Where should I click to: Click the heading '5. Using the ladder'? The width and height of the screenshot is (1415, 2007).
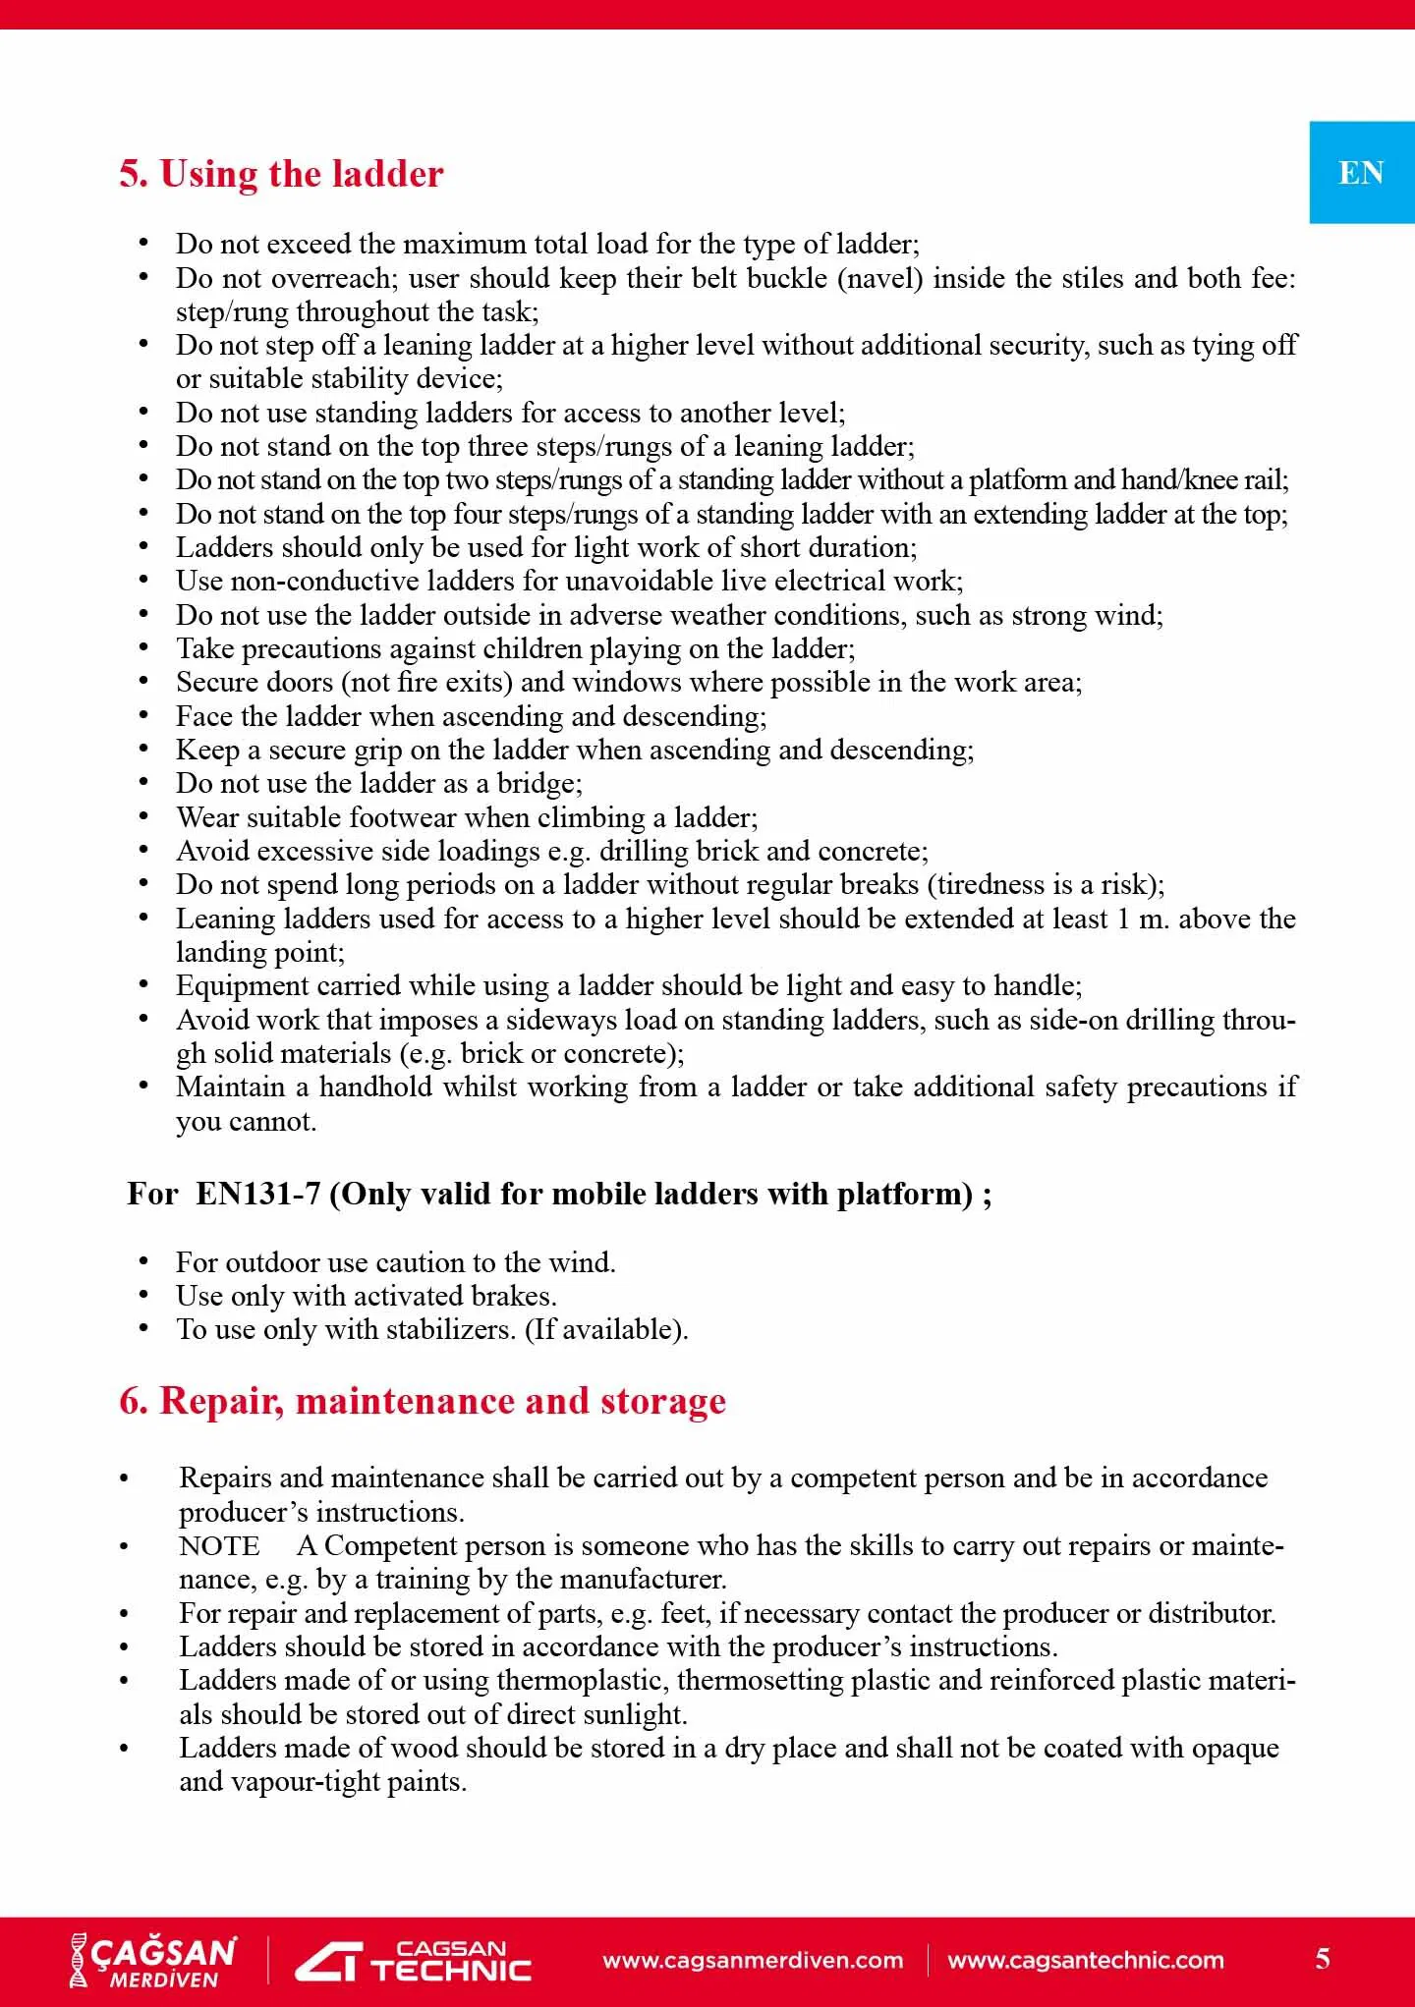pos(281,174)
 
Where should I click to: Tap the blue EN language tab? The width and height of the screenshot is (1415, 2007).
pos(1361,173)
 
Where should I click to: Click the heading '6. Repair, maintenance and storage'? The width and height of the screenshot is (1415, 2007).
pos(423,1401)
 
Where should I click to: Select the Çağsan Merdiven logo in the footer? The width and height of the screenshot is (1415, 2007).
pos(153,1961)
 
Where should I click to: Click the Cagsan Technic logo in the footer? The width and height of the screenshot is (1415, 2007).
pos(414,1961)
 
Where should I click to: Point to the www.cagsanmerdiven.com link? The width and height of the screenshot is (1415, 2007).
pos(753,1961)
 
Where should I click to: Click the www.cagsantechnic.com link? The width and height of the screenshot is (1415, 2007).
pos(1086,1961)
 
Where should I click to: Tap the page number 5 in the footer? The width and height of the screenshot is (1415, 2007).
pos(1323,1959)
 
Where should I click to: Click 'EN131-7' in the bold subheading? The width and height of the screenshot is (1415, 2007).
pos(257,1195)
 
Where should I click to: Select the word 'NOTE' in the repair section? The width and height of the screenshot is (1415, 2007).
pos(219,1546)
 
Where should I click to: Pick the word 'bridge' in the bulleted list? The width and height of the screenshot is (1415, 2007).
pos(538,784)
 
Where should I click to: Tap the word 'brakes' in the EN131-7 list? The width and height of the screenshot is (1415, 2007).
pos(508,1297)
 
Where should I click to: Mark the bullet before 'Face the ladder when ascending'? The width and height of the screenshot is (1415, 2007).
pos(143,716)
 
